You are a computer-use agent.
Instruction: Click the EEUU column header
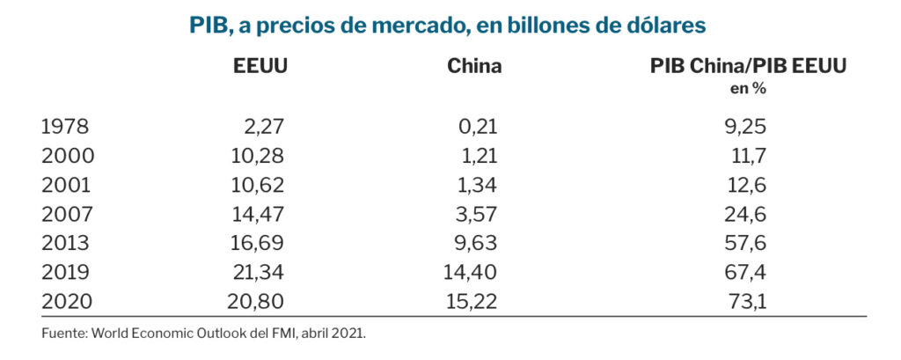point(260,66)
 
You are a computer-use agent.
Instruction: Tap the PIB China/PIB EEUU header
point(747,66)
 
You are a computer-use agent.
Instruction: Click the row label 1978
point(65,127)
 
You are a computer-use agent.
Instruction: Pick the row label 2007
point(65,214)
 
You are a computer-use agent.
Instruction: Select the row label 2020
point(66,301)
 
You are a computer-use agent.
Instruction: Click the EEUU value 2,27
point(264,127)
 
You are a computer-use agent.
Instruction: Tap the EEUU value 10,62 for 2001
point(257,185)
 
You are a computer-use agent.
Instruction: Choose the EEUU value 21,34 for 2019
point(257,272)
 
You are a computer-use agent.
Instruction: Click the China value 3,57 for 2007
point(478,214)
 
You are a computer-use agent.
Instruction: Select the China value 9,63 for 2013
point(478,243)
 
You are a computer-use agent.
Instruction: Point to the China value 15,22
point(472,301)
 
